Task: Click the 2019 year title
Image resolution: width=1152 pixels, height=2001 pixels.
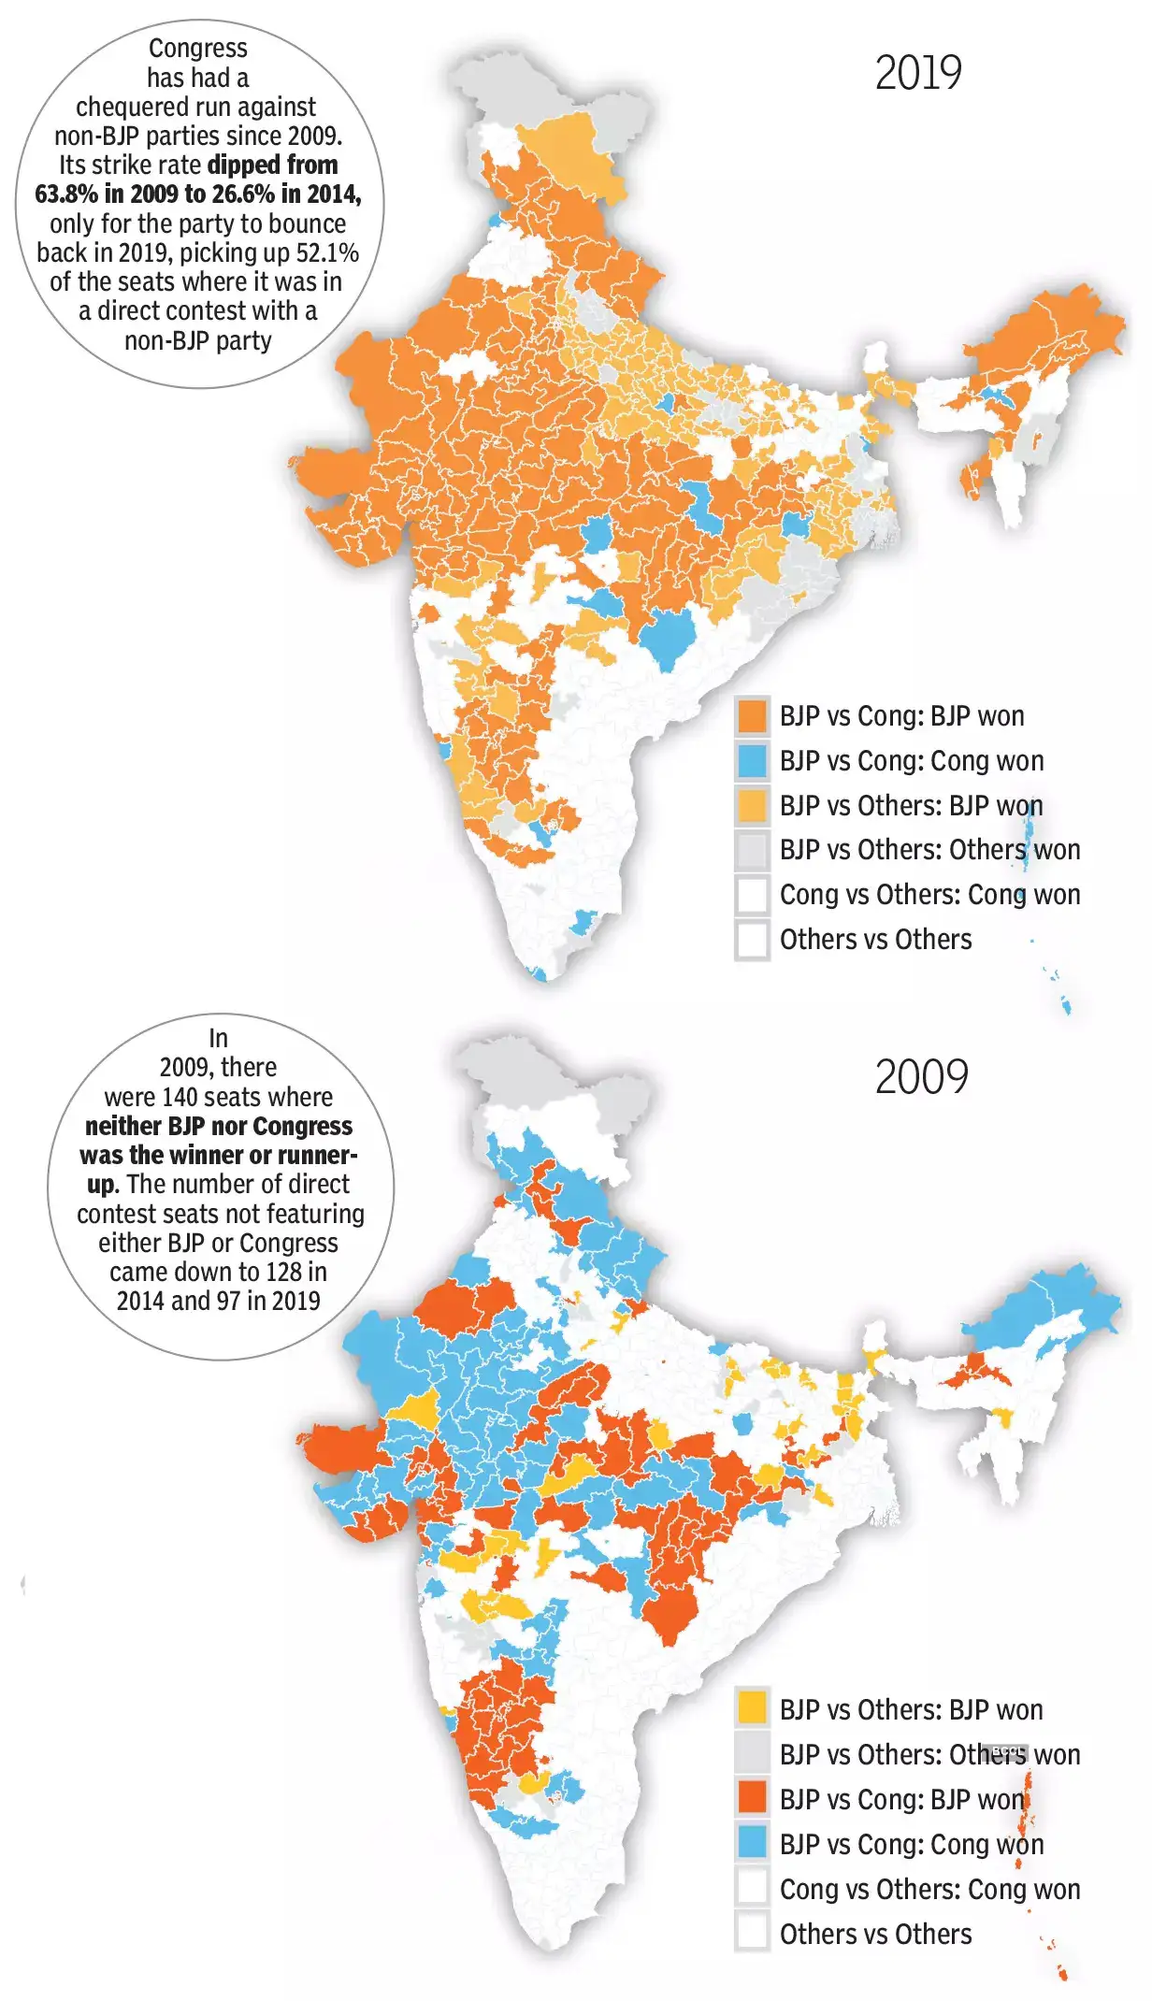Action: click(x=918, y=74)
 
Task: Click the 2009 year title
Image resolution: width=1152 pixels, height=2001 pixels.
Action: click(x=921, y=1077)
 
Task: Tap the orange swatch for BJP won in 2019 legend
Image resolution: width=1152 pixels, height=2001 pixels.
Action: click(x=752, y=716)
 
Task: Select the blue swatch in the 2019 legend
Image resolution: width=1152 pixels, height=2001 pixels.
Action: click(x=752, y=761)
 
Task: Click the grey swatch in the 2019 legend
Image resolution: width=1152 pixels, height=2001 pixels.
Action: click(x=752, y=850)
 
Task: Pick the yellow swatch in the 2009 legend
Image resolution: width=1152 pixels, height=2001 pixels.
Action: click(x=752, y=1710)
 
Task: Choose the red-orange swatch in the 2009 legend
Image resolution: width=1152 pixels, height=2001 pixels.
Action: click(x=752, y=1799)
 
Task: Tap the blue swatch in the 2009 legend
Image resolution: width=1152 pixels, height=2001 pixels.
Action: click(x=752, y=1844)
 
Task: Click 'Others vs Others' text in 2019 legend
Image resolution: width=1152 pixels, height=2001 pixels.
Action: click(x=875, y=940)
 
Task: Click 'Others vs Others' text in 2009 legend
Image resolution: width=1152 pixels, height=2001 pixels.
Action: click(x=875, y=1934)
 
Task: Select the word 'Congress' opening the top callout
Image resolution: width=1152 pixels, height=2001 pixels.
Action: click(x=198, y=49)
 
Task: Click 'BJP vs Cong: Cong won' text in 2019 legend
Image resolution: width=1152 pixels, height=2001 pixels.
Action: click(x=912, y=761)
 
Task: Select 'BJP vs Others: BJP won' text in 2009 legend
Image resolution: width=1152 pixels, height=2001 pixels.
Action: click(x=912, y=1710)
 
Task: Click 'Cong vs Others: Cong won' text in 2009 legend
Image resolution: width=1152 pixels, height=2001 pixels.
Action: click(x=930, y=1889)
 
